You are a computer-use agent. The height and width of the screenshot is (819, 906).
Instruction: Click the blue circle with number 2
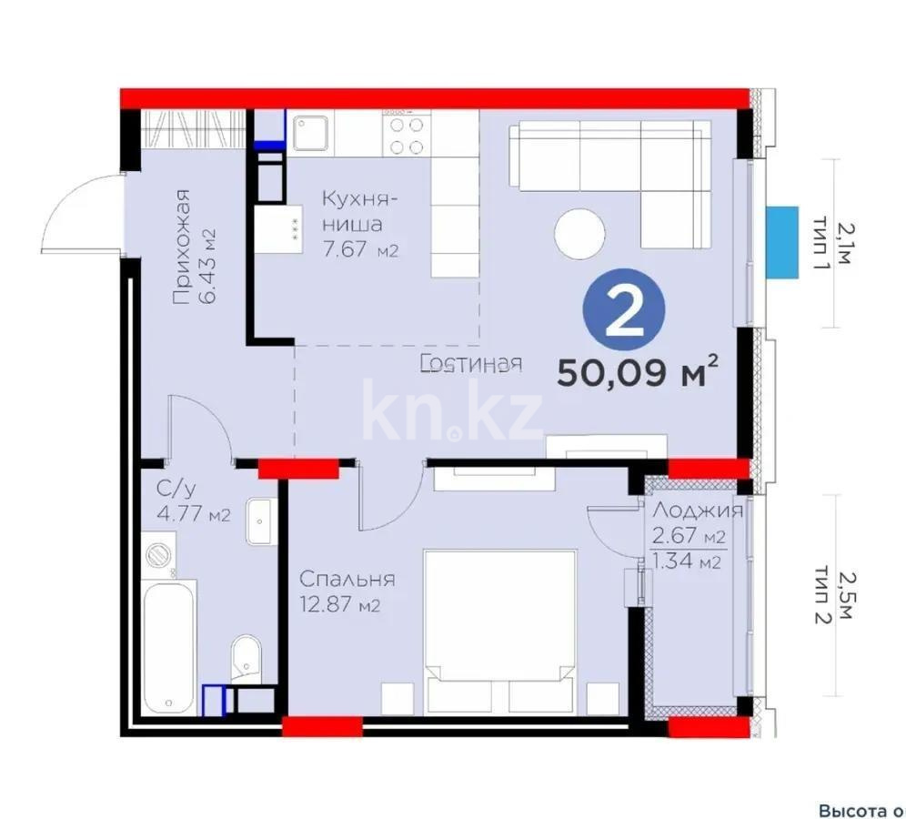click(x=624, y=311)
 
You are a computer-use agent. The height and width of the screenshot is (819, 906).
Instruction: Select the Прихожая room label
click(x=183, y=246)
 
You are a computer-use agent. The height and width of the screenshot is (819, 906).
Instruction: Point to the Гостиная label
click(x=472, y=364)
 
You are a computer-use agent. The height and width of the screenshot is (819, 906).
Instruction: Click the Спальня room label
click(x=347, y=580)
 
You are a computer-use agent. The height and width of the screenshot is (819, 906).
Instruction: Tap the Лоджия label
click(x=698, y=511)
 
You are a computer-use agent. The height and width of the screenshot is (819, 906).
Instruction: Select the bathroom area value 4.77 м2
click(x=193, y=515)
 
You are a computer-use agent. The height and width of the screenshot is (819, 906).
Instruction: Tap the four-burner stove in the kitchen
click(x=405, y=136)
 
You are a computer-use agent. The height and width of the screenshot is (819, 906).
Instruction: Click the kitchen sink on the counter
click(x=309, y=134)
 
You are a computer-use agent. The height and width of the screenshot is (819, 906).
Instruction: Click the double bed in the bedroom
click(x=500, y=628)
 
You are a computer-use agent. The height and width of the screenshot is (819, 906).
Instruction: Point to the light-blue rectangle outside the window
click(x=779, y=243)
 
